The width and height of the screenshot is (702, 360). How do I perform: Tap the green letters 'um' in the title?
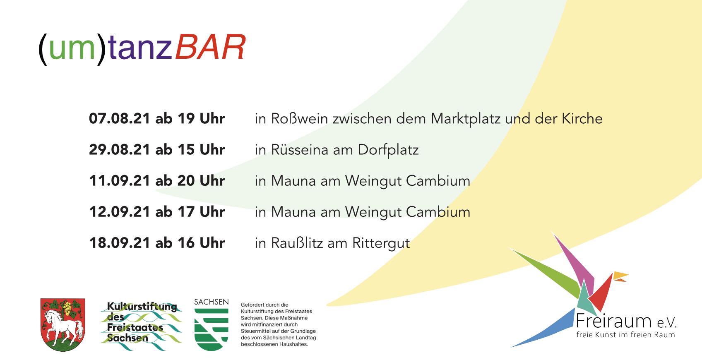tap(72, 50)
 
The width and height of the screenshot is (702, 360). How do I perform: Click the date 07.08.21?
tap(119, 118)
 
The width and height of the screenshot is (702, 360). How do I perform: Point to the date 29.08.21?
tap(119, 149)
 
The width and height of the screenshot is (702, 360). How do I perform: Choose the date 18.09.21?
tap(119, 243)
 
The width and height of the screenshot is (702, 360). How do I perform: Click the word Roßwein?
tap(299, 119)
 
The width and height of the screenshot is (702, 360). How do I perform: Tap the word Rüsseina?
tap(300, 150)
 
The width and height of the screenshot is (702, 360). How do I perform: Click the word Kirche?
tap(582, 119)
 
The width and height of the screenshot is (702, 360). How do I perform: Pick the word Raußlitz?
tap(297, 243)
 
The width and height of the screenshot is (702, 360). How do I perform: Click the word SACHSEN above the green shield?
tap(212, 302)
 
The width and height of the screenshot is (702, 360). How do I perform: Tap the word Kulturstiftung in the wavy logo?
tap(142, 307)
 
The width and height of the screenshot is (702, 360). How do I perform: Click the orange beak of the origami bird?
tap(620, 277)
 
